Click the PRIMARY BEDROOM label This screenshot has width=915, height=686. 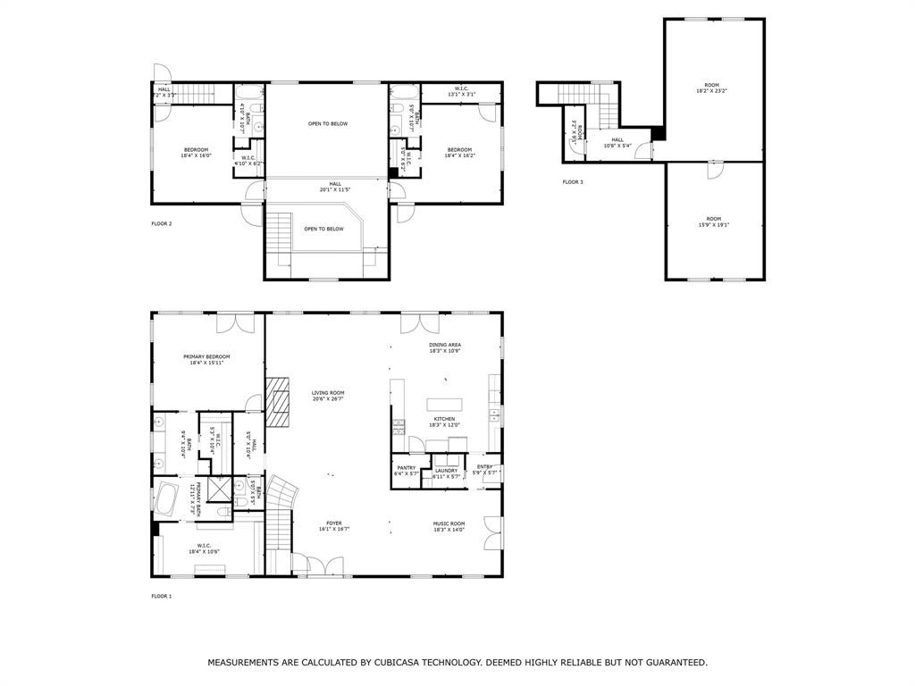tap(206, 356)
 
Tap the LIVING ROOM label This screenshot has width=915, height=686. tap(328, 393)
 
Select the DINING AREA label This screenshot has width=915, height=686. tap(444, 345)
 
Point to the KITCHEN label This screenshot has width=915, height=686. tap(444, 419)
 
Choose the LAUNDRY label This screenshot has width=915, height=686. tap(446, 471)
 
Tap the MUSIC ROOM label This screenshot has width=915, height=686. tap(449, 523)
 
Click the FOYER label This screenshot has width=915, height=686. tap(333, 523)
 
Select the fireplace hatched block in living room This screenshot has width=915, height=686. tap(279, 403)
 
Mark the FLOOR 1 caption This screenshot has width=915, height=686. tap(161, 596)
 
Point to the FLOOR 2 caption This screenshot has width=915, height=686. tap(161, 223)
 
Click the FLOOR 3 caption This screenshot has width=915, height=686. tap(573, 182)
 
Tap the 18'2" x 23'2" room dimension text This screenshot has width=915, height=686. tap(712, 91)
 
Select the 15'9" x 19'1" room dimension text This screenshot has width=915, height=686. tap(713, 225)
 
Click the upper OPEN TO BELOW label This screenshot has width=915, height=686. tap(328, 124)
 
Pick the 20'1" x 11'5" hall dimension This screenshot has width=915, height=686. tap(335, 189)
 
